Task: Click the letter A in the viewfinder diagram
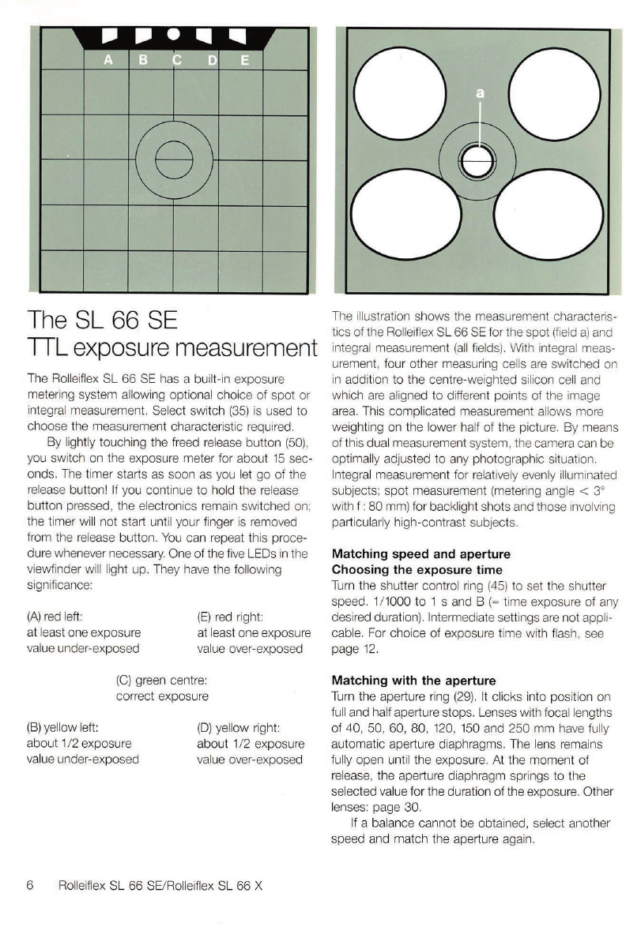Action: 107,60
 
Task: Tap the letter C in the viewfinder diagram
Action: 176,60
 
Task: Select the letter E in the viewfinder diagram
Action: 244,60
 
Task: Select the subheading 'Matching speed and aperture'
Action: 421,554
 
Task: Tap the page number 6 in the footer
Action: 31,885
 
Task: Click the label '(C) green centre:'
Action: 163,680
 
